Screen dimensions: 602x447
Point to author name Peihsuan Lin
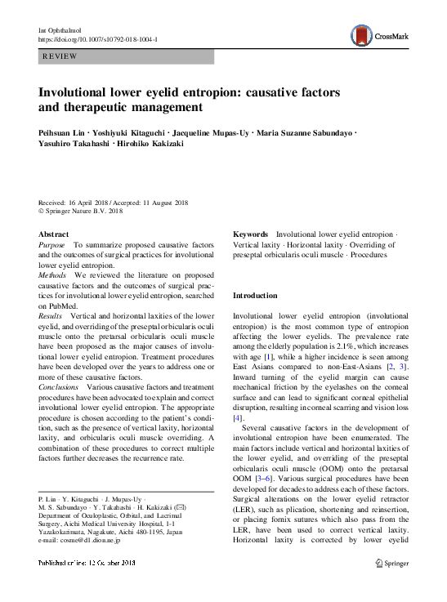(60, 132)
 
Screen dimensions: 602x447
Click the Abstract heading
(55, 234)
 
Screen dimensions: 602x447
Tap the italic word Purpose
(53, 245)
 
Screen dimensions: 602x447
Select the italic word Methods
(54, 275)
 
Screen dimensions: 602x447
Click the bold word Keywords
(252, 234)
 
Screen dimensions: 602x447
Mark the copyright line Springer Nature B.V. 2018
(83, 211)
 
